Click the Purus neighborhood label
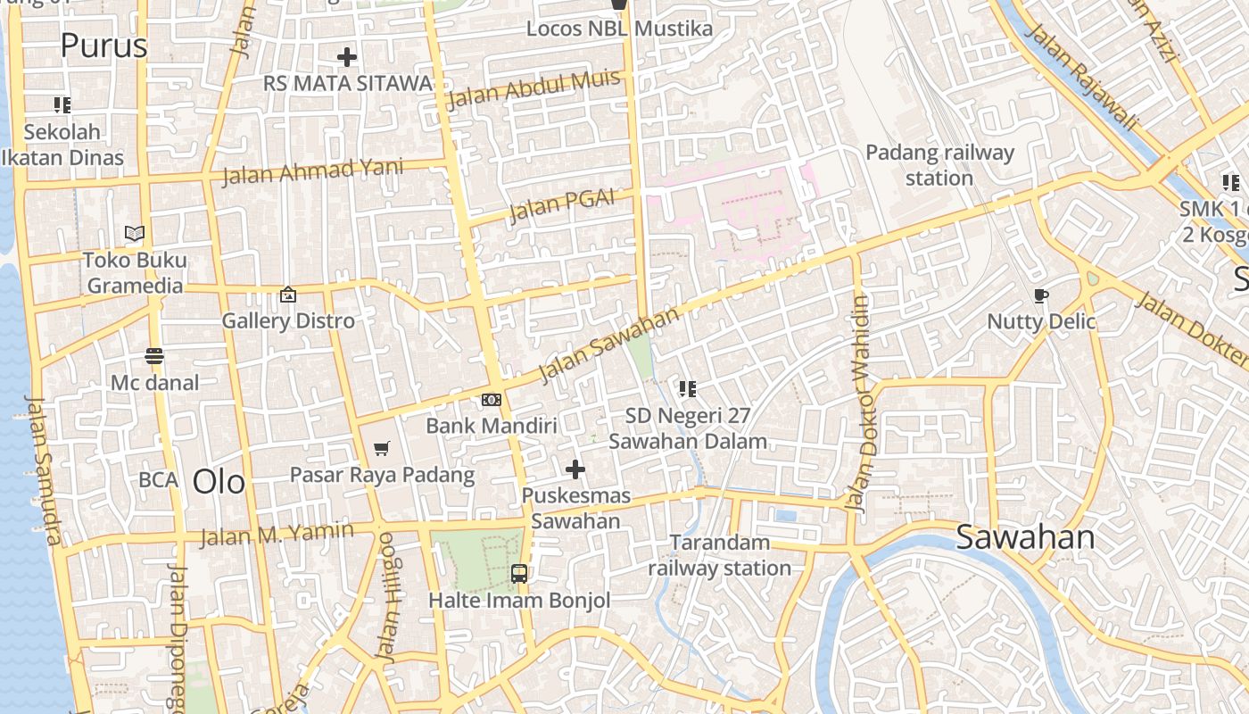(103, 45)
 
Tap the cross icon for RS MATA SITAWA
(347, 58)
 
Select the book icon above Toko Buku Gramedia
(135, 234)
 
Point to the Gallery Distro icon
(288, 295)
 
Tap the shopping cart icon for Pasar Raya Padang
(382, 448)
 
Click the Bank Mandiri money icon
(492, 400)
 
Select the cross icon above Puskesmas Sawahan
(575, 469)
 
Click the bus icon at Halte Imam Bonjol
(519, 574)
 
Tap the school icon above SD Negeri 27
(687, 388)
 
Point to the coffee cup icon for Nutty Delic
(1040, 295)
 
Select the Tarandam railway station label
(719, 555)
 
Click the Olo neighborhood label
(219, 482)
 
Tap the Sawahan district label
(1025, 537)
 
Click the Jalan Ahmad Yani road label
(312, 170)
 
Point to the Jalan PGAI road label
(562, 206)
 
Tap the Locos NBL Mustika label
(619, 29)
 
